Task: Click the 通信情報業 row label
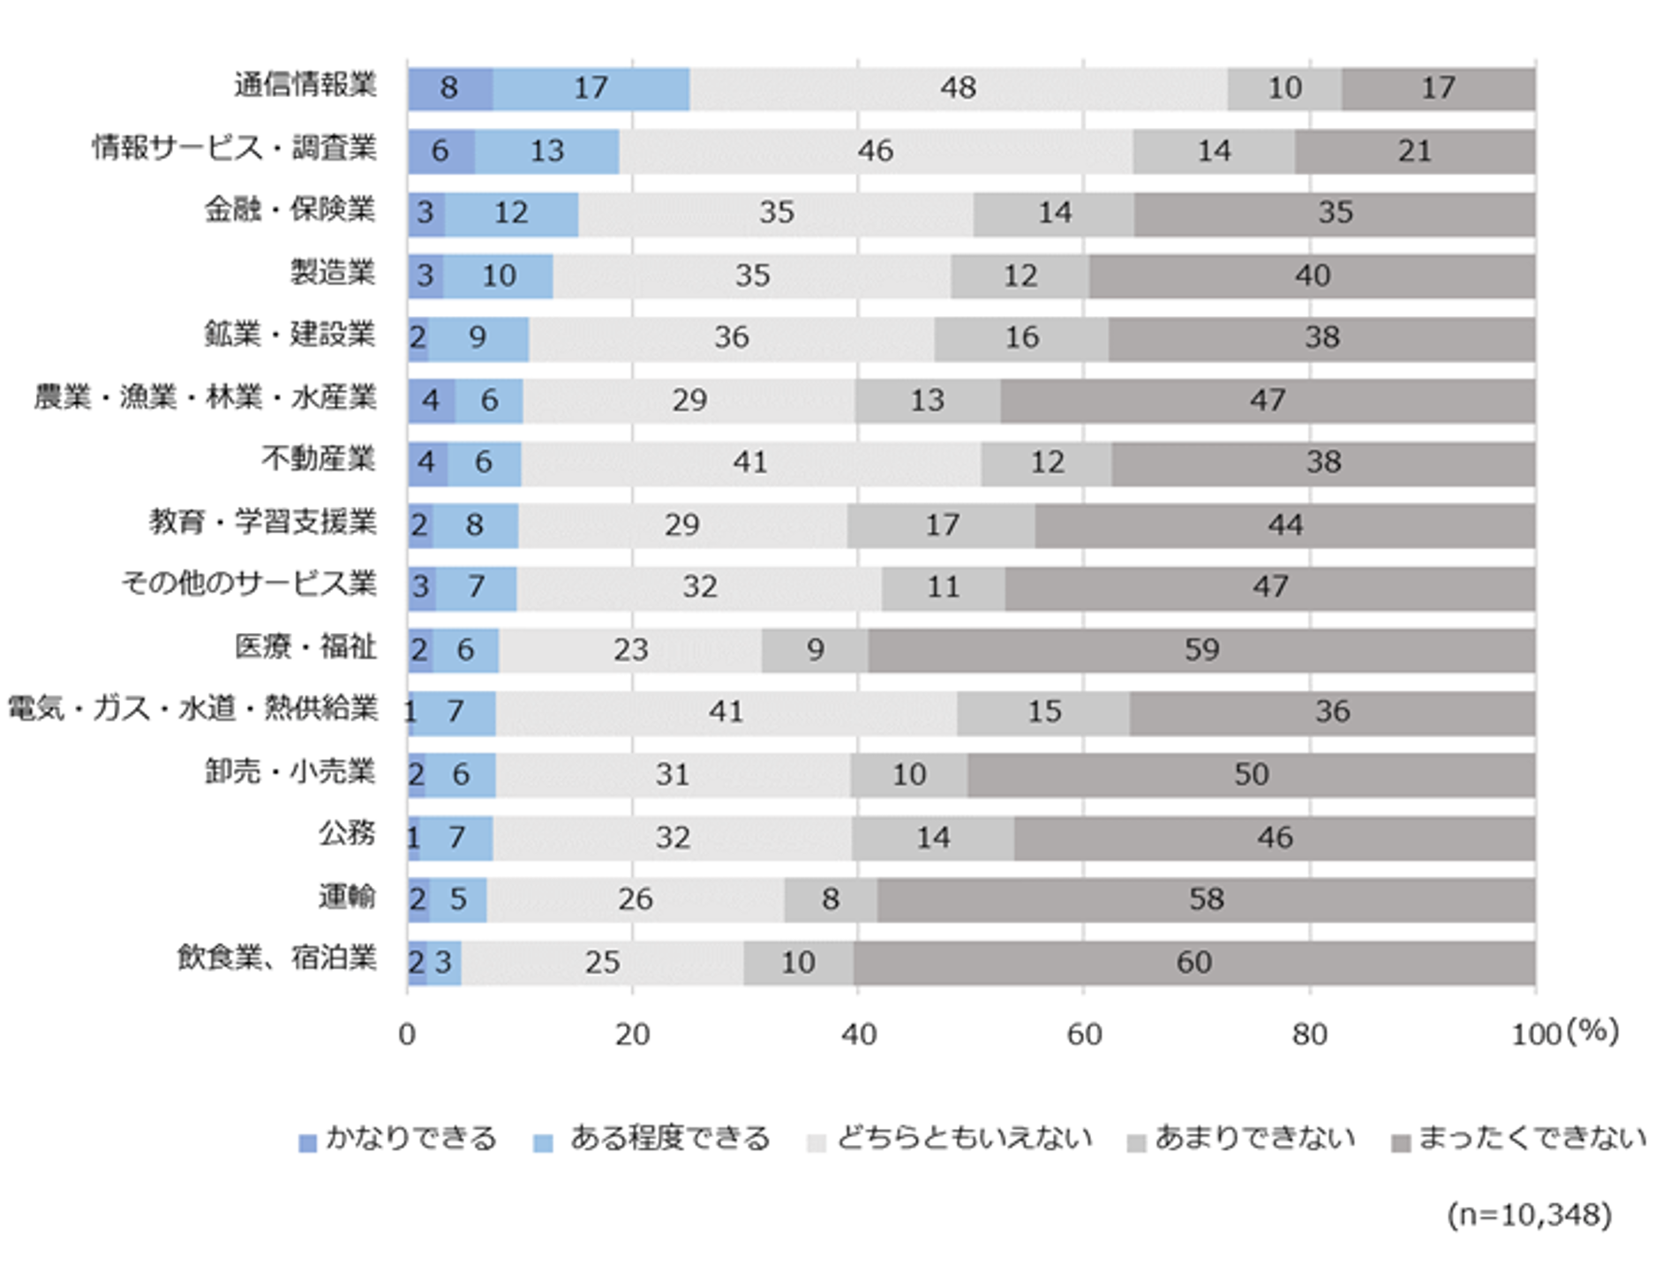pos(305,86)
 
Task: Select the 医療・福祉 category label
pos(305,647)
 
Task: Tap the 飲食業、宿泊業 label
pos(276,958)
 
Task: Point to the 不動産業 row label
pos(318,459)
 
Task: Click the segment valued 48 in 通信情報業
pos(958,88)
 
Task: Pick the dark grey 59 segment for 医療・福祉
pos(1201,651)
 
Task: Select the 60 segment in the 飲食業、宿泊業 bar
pos(1193,962)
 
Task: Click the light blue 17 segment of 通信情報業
pos(591,88)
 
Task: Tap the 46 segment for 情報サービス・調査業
pos(875,151)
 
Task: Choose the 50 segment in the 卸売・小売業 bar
pos(1251,775)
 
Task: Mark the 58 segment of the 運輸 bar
pos(1206,900)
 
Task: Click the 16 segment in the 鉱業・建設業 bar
pos(1021,338)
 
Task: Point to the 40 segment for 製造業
pos(1312,275)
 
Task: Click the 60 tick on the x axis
pos(1084,1034)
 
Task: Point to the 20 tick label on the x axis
pos(632,1034)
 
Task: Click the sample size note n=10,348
pos(1529,1215)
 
